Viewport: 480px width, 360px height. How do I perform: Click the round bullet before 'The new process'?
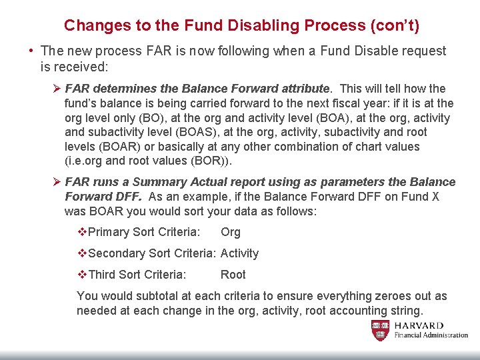tap(31, 51)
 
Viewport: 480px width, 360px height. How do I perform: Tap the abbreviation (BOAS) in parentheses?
tap(207, 132)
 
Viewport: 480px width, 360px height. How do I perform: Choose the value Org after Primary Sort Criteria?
tap(231, 232)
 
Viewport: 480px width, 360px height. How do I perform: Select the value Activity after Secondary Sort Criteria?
tap(239, 253)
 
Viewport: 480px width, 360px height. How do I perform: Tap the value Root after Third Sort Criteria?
tap(233, 275)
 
